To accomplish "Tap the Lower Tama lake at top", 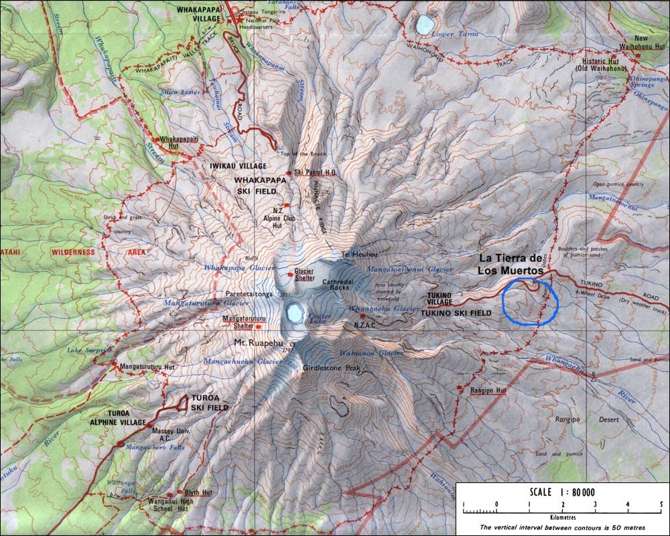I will [424, 25].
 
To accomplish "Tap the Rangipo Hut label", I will [487, 390].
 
